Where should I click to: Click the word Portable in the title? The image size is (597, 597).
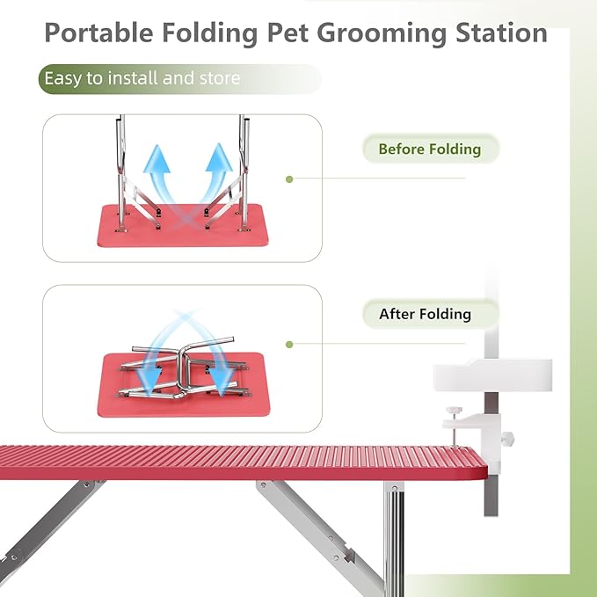[96, 33]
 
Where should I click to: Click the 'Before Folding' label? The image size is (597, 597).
[429, 149]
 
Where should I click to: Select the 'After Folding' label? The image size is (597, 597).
[425, 314]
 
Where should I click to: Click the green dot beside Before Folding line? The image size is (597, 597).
[288, 178]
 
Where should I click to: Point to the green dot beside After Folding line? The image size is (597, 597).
[288, 345]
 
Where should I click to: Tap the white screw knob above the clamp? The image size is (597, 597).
[455, 411]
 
